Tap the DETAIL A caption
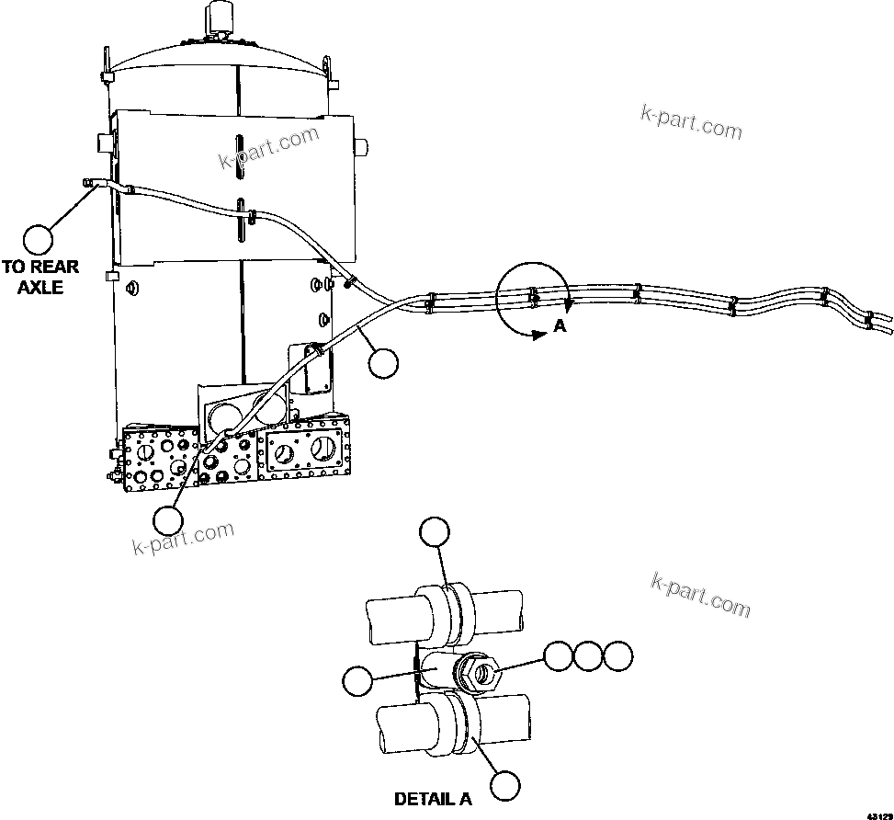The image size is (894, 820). coord(433,799)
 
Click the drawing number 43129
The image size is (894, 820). coord(878,814)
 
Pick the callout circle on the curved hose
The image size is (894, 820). coord(383,363)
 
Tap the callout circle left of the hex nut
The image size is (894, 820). coord(357,681)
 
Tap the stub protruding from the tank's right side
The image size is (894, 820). coord(361,145)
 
